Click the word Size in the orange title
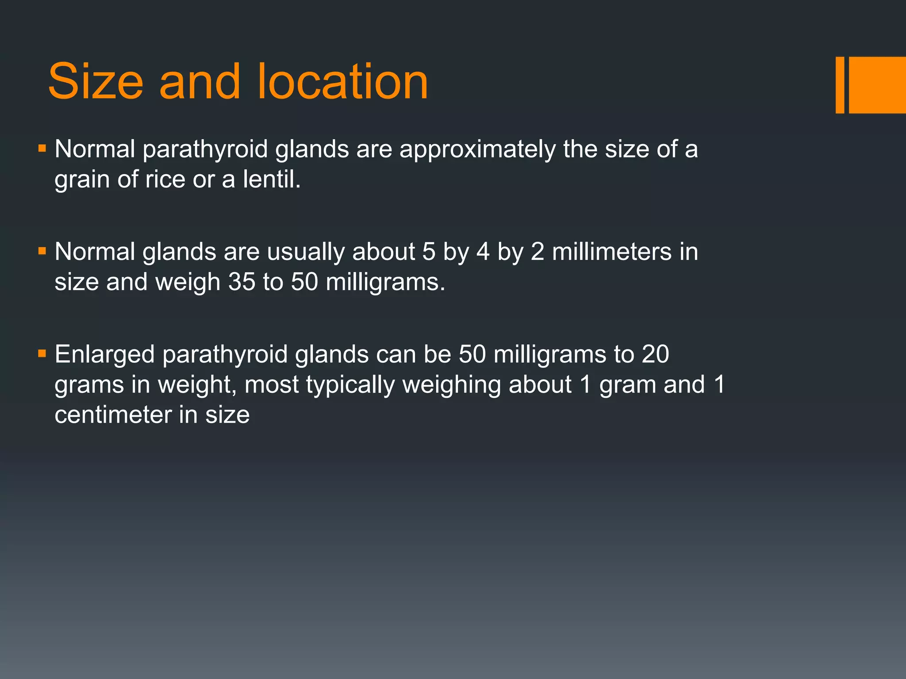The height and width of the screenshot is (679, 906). tap(96, 82)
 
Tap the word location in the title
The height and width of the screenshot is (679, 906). tap(342, 82)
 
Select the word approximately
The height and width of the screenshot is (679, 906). tap(477, 149)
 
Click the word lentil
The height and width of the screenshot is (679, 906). tap(271, 179)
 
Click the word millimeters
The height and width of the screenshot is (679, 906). tap(612, 252)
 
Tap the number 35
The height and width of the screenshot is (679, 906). tap(242, 282)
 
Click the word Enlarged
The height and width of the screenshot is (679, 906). tap(105, 355)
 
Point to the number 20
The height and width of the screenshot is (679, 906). tap(655, 355)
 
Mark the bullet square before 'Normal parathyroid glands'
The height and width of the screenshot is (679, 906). tap(42, 149)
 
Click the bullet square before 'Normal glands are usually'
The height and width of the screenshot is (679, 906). tap(42, 252)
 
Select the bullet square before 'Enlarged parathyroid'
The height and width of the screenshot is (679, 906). tap(42, 354)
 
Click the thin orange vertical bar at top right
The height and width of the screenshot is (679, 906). tap(840, 85)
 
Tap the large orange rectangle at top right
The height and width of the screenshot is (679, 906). tap(877, 85)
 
